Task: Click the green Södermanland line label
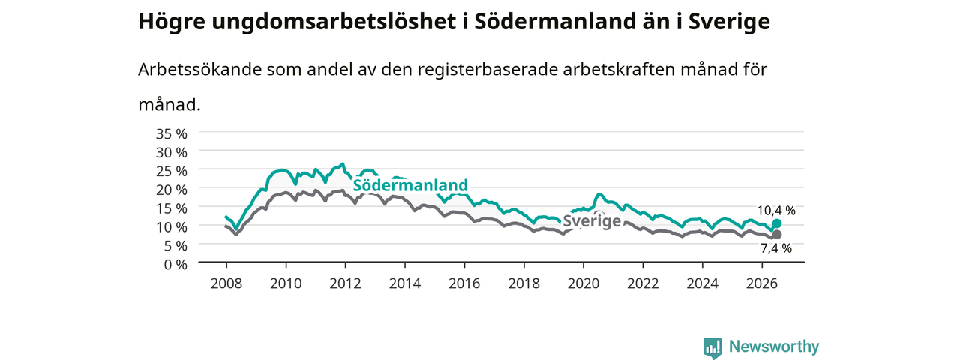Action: coord(410,185)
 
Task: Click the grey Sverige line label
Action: coord(592,221)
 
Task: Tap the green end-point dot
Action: coord(776,223)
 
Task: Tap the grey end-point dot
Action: coord(776,235)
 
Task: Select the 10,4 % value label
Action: coord(776,211)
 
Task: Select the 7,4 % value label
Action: coord(776,248)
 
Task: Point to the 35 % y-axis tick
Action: coord(172,134)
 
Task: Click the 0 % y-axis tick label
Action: coord(175,265)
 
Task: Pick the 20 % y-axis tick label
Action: coord(172,190)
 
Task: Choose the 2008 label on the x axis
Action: coord(226,283)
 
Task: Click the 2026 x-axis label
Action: coord(762,283)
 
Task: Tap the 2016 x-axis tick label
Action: coord(464,283)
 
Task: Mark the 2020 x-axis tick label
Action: coord(583,283)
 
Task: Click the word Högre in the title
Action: coord(172,22)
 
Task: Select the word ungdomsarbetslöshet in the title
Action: coord(334,22)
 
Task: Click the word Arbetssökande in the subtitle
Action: coord(199,69)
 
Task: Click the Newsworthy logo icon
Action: coord(712,346)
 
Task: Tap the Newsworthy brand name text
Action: coord(774,346)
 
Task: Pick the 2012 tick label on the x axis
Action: coord(346,283)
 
